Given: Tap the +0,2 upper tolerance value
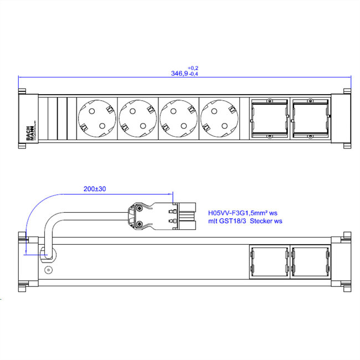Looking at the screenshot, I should pos(193,68).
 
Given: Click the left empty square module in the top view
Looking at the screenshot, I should pos(269,119).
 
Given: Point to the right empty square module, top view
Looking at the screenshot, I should pos(309,119).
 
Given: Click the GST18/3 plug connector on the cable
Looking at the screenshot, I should pos(161,215).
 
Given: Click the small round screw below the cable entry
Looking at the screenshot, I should pos(48,270).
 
